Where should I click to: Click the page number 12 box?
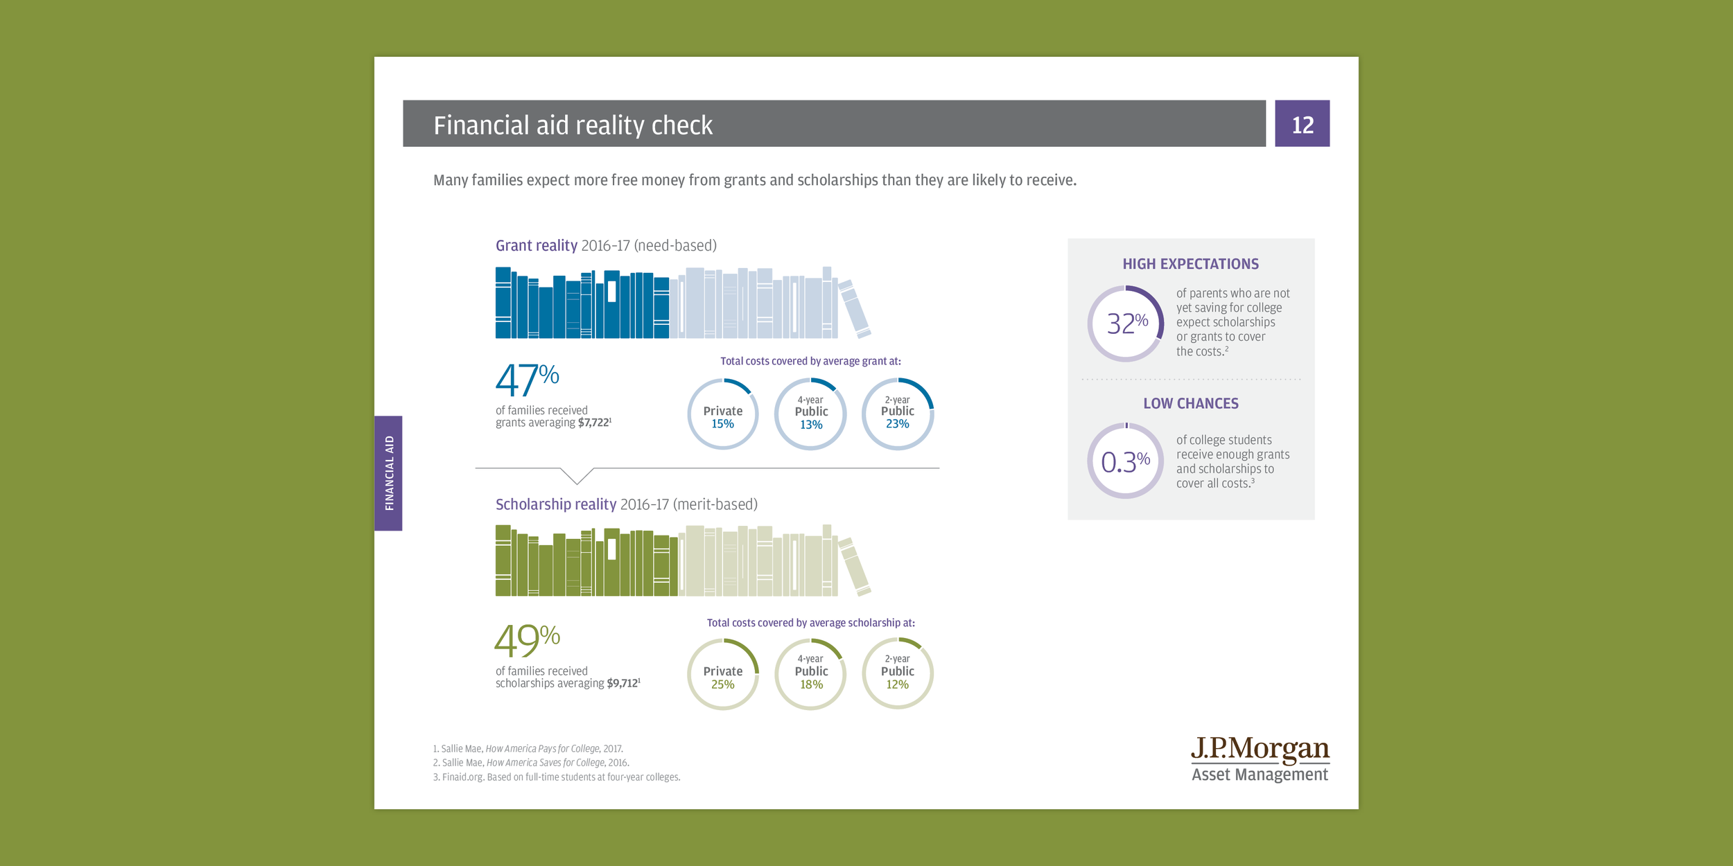[1302, 123]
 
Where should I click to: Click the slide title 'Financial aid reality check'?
[573, 125]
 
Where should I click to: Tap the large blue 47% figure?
[527, 380]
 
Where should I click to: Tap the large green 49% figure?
[527, 640]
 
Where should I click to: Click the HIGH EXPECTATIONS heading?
[1190, 264]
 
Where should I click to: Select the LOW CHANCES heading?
[1190, 403]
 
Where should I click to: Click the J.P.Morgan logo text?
[1260, 749]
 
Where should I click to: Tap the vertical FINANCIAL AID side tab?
[388, 473]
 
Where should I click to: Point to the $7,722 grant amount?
[594, 423]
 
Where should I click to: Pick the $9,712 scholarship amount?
[623, 683]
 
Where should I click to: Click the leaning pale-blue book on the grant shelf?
[855, 309]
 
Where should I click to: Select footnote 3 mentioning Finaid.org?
[557, 777]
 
